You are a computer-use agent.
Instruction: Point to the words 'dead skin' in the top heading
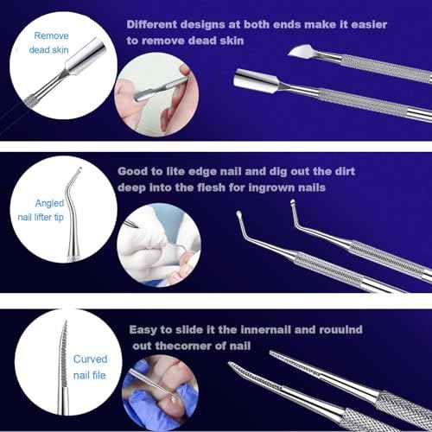[221, 41]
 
